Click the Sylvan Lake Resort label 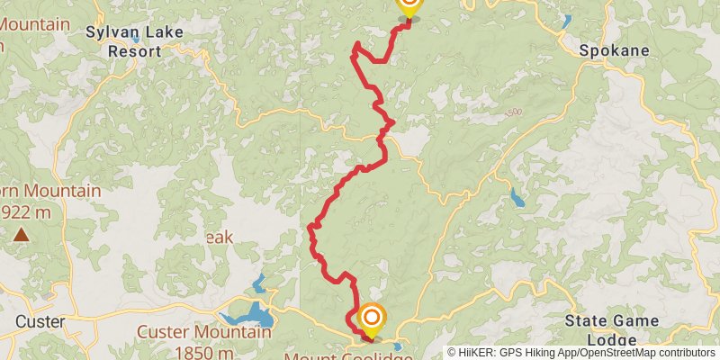pyautogui.click(x=134, y=41)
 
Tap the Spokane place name pyautogui.click(x=615, y=50)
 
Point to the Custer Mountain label pyautogui.click(x=203, y=331)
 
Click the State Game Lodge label pyautogui.click(x=618, y=329)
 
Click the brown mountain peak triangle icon pyautogui.click(x=20, y=236)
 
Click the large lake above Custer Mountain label pyautogui.click(x=253, y=315)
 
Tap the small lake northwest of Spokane pyautogui.click(x=565, y=21)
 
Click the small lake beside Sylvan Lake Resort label pyautogui.click(x=135, y=36)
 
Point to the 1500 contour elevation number pyautogui.click(x=513, y=113)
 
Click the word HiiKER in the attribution pyautogui.click(x=477, y=353)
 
